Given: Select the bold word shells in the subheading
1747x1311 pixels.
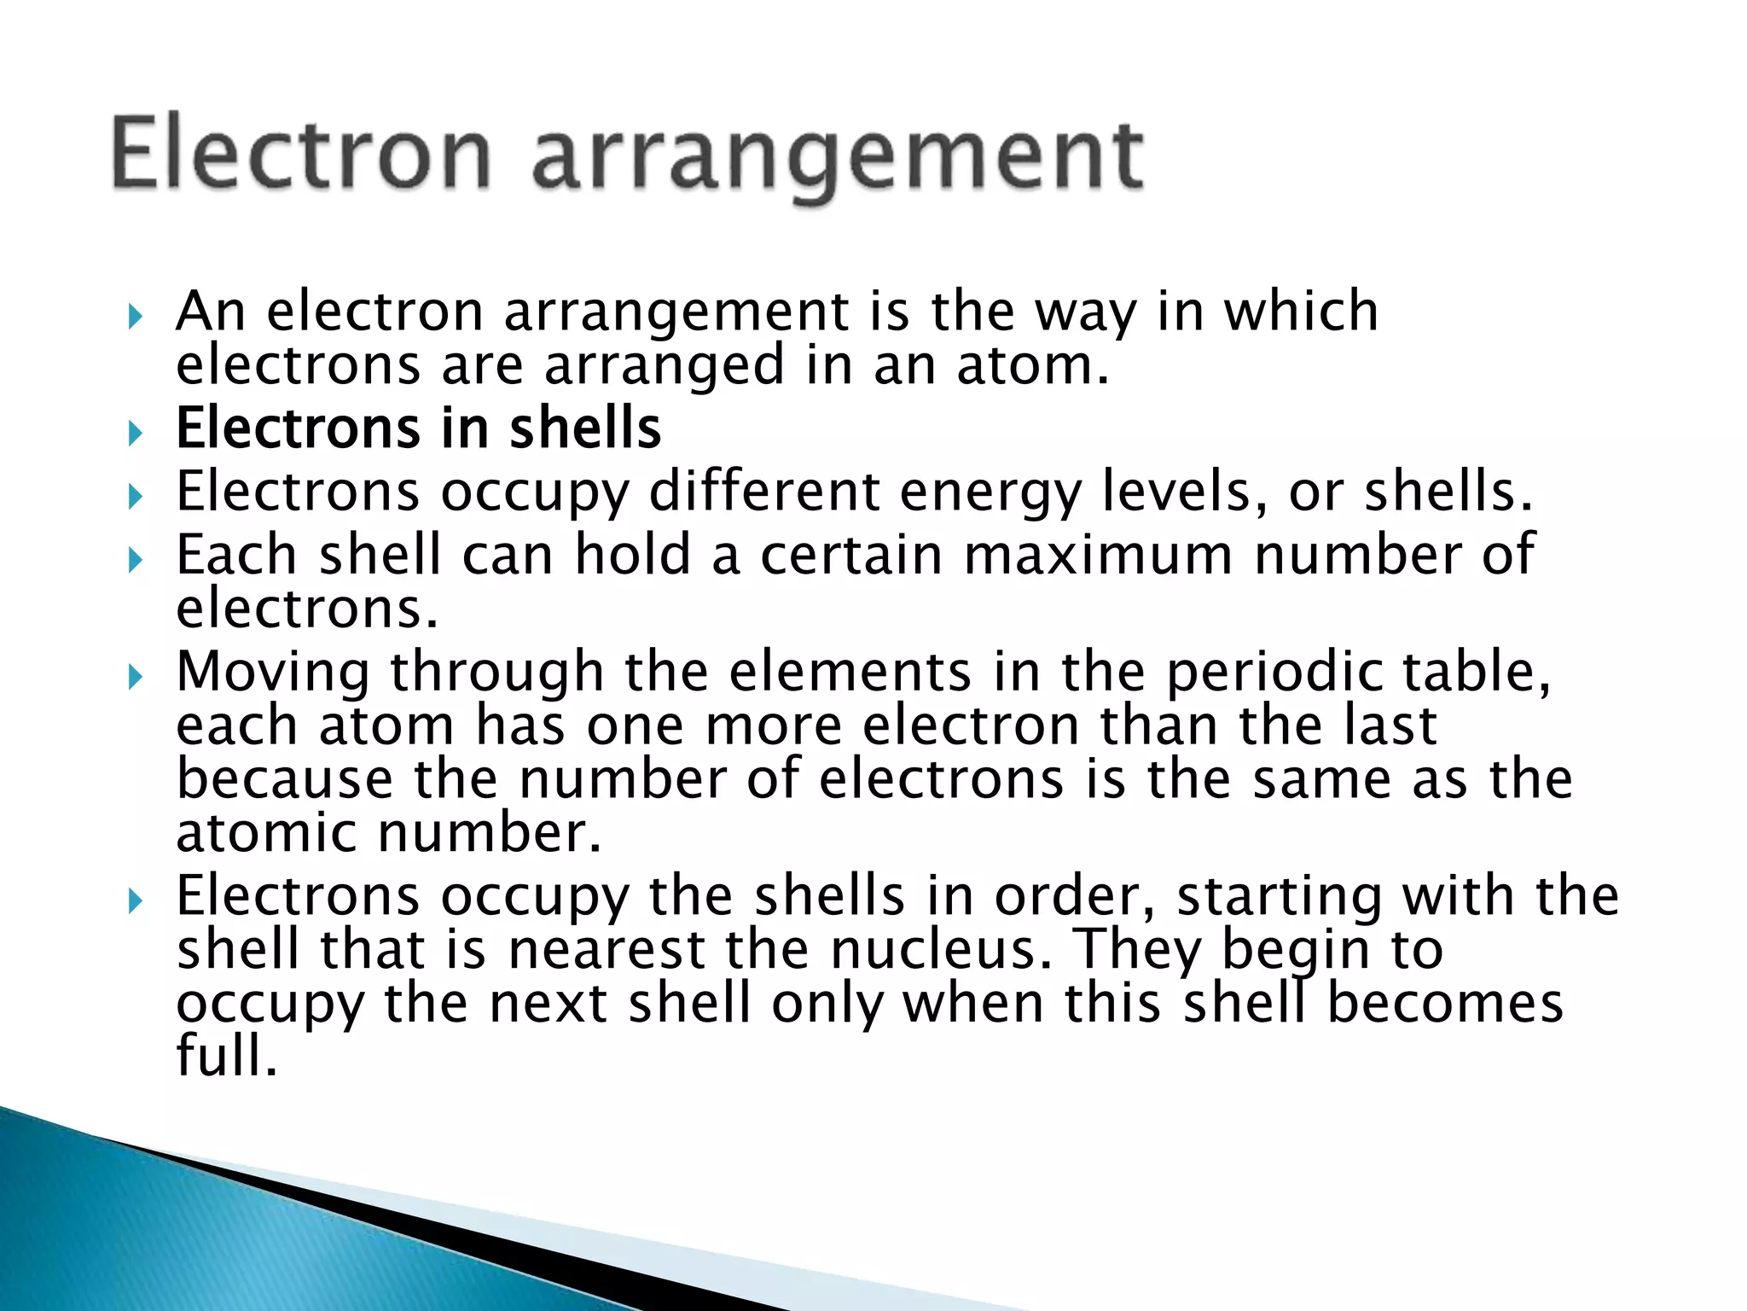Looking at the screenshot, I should coord(585,428).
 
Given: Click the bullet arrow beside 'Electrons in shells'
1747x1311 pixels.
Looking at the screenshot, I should coord(135,433).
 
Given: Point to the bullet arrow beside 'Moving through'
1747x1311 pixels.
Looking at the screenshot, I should coord(135,677).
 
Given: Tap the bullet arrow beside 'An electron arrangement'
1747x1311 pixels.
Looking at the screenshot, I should coord(135,317).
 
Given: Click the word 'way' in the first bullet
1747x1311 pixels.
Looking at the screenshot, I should coord(1086,312).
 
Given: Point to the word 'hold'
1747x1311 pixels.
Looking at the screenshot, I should coord(632,555).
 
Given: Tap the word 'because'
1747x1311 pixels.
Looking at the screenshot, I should coord(285,779).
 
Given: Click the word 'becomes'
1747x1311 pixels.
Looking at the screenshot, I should coord(1445,1003).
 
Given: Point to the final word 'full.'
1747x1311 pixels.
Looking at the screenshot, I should coord(227,1056).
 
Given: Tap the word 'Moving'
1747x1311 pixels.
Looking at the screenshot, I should coord(273,673).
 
